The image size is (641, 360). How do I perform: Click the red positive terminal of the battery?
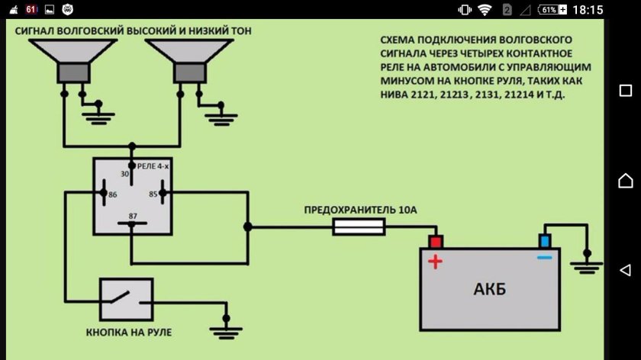(x=435, y=241)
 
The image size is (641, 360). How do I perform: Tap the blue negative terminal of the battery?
(x=545, y=241)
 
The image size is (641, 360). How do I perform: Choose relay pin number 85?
(x=153, y=194)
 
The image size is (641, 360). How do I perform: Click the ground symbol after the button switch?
(x=226, y=329)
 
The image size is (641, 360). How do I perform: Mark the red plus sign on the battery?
(x=435, y=262)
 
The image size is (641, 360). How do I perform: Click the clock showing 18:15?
(x=587, y=10)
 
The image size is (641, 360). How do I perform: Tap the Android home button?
(x=626, y=180)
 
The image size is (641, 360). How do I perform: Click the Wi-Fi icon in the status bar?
(x=485, y=10)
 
